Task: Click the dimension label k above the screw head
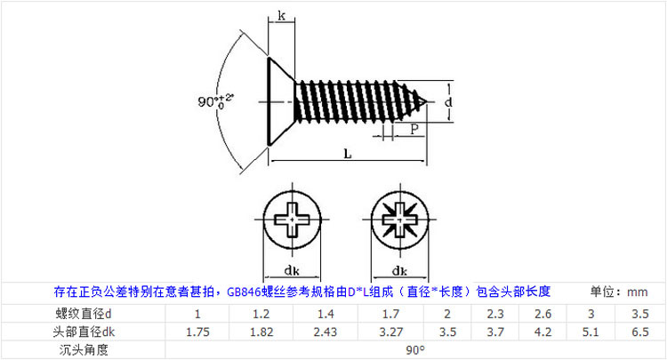282,16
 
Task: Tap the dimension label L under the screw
347,153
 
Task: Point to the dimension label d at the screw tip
448,103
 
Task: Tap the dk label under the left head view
290,270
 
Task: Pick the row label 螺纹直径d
82,314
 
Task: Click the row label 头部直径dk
82,332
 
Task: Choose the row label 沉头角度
82,349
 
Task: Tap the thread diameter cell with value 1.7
390,314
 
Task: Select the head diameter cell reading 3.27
390,332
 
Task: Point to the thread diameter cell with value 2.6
543,314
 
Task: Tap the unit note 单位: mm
619,291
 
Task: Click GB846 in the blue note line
245,291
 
